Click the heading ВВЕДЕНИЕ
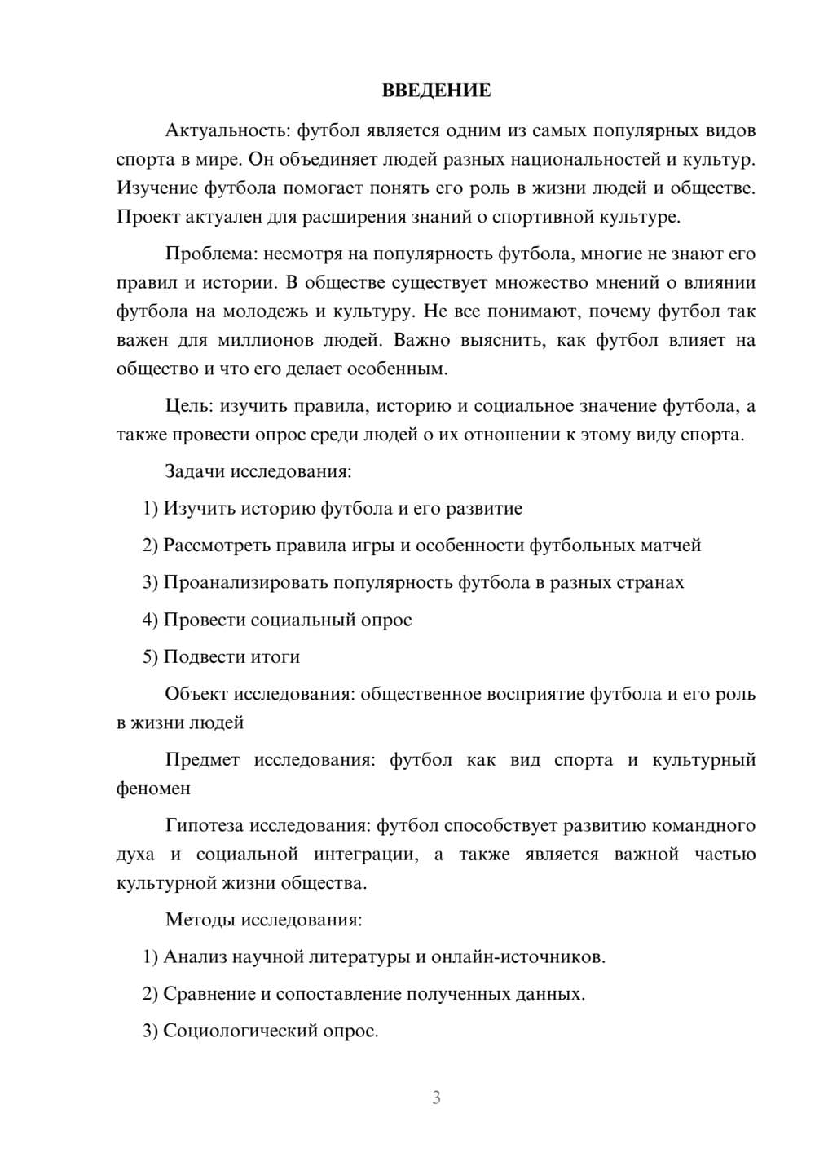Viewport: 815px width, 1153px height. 436,91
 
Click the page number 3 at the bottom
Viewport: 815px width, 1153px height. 436,1098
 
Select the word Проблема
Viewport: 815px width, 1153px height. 208,254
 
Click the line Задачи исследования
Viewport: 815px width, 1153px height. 258,471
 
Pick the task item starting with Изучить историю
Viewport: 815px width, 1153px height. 333,509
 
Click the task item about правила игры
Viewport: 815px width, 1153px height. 421,546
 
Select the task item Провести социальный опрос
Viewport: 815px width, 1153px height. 277,620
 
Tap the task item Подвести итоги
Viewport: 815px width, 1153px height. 222,656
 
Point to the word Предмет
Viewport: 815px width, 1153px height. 202,760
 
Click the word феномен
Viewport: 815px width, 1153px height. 153,789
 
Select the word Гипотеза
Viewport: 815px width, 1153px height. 204,826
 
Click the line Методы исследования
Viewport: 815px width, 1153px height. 263,920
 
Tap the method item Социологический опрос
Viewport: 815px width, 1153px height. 261,1031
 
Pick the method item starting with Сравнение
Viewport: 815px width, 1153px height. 363,994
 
